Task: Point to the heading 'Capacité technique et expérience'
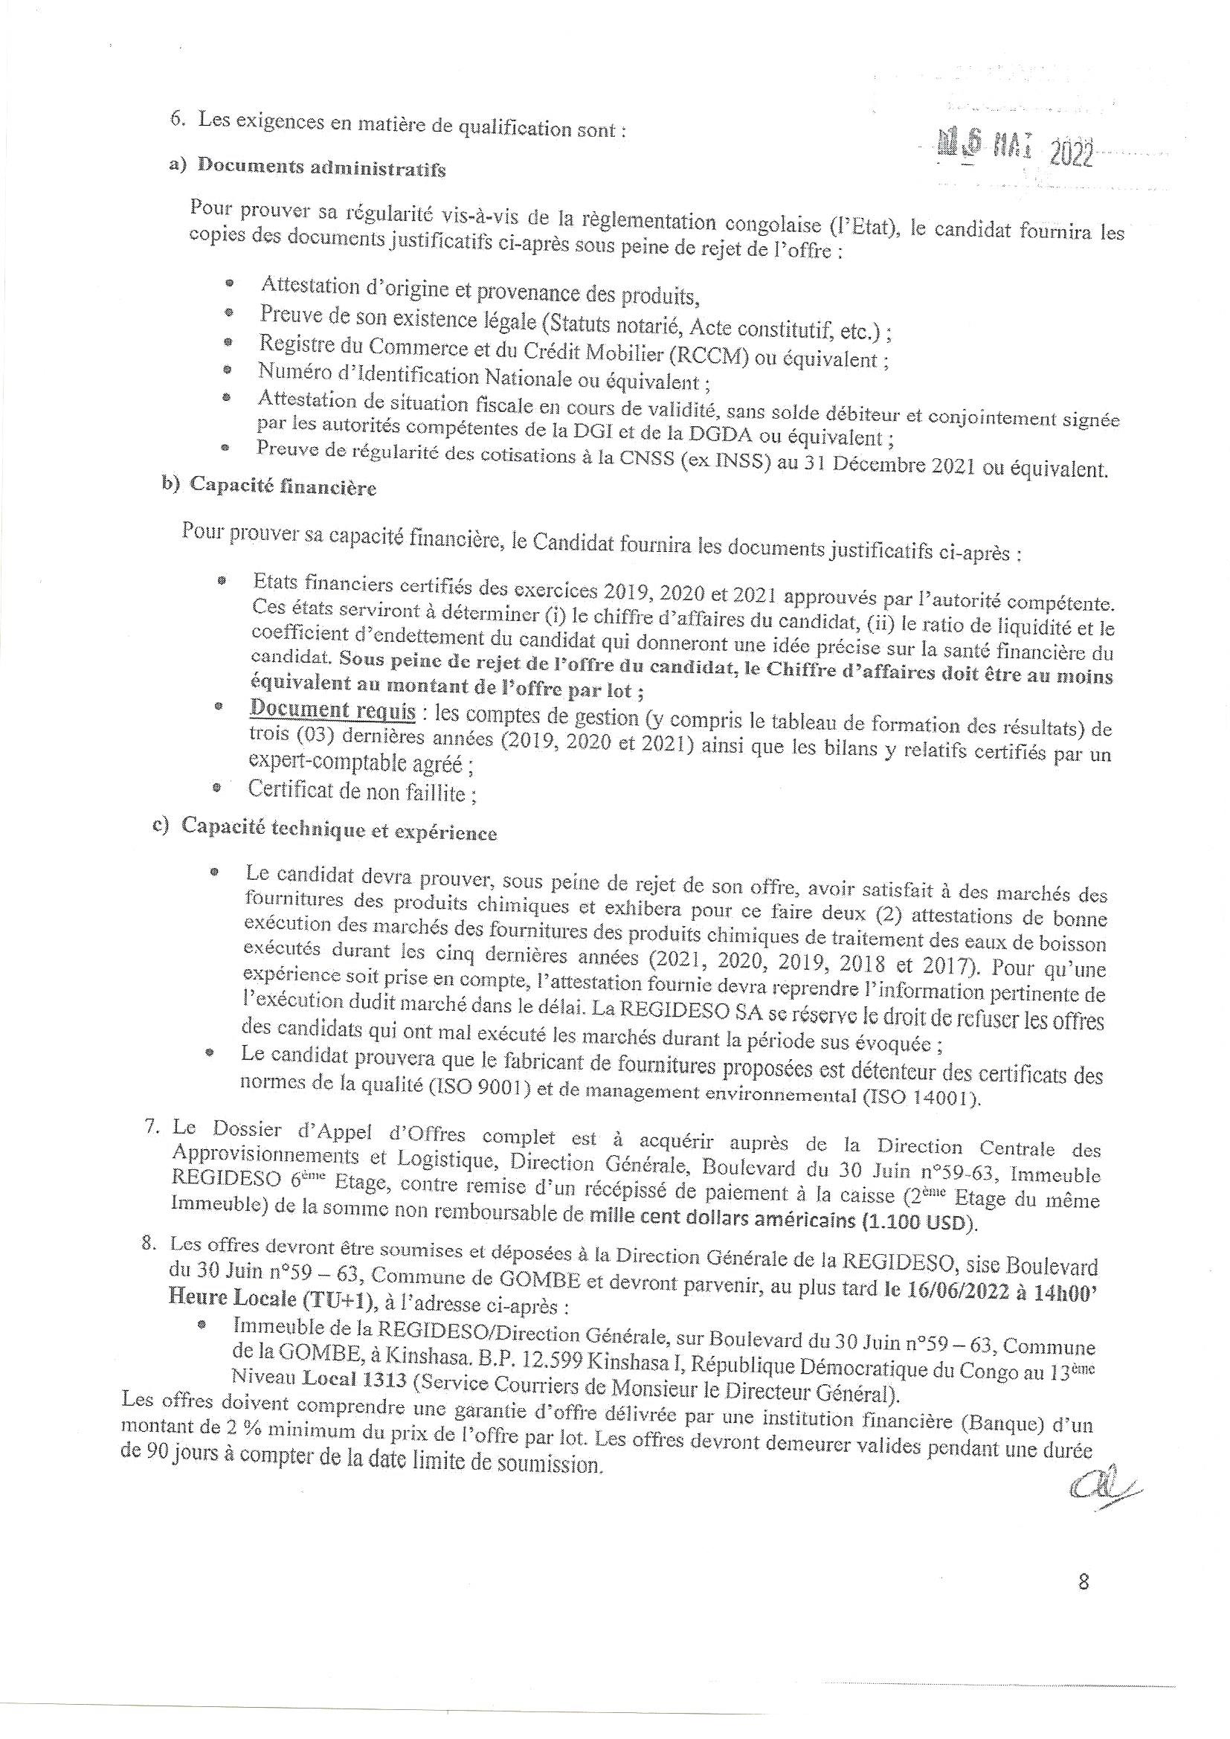pos(338,831)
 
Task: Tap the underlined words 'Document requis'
pos(332,711)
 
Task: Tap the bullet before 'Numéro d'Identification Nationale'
pos(227,370)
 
